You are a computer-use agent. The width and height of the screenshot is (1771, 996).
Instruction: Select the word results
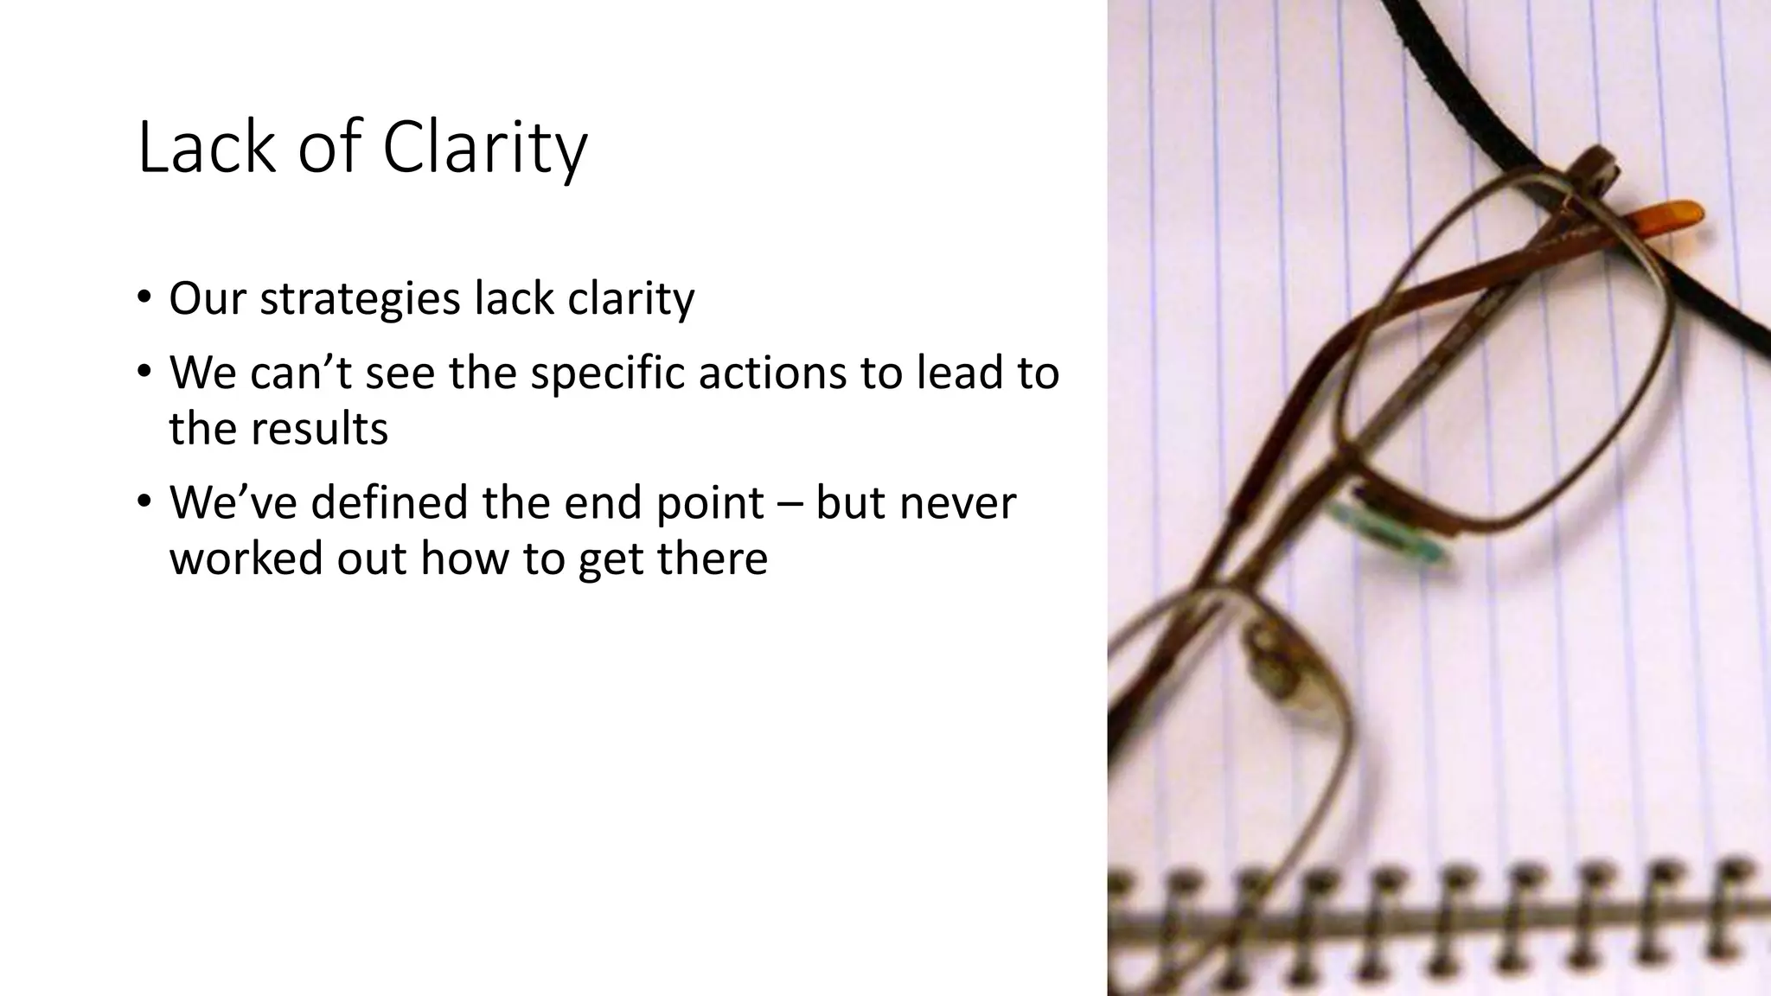[321, 429]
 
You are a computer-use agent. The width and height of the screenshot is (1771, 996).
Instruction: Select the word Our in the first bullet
[208, 298]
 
